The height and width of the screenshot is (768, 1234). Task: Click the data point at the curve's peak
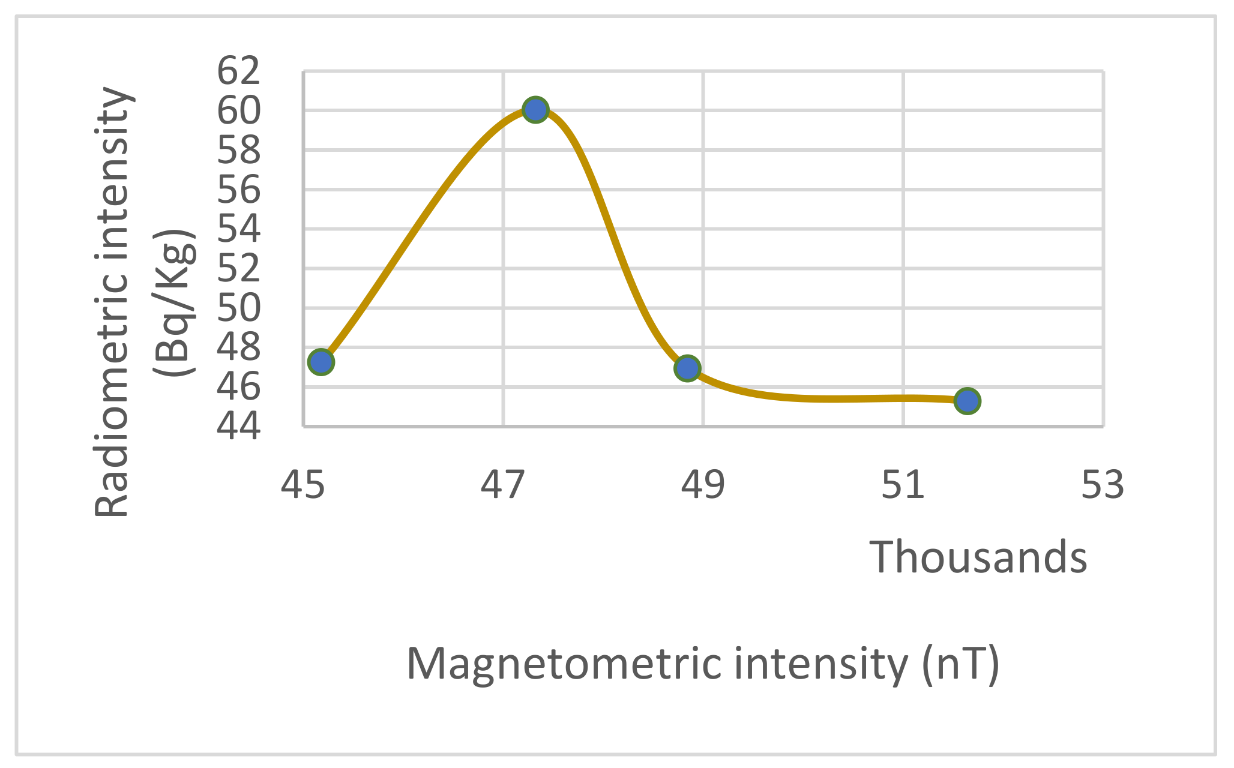click(x=535, y=110)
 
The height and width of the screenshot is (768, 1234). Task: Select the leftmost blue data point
click(x=321, y=362)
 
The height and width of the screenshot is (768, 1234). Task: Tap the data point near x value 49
click(x=687, y=368)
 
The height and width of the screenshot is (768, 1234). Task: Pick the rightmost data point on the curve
click(x=968, y=400)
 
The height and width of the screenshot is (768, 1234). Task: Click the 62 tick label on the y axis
click(x=239, y=71)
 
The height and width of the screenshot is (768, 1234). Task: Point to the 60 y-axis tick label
click(x=239, y=111)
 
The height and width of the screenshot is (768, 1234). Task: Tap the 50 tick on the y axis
click(x=239, y=308)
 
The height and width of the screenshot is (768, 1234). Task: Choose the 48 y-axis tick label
click(x=239, y=347)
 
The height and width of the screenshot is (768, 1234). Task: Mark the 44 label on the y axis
click(x=239, y=427)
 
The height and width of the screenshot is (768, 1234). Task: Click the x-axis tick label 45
click(x=303, y=485)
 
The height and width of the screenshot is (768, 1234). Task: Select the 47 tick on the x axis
click(x=503, y=485)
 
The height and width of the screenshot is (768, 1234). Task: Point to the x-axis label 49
click(x=703, y=485)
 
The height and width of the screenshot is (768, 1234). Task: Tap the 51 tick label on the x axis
click(x=903, y=485)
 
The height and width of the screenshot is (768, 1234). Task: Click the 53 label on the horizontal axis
click(x=1103, y=485)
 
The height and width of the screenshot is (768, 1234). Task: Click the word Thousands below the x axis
click(x=978, y=557)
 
